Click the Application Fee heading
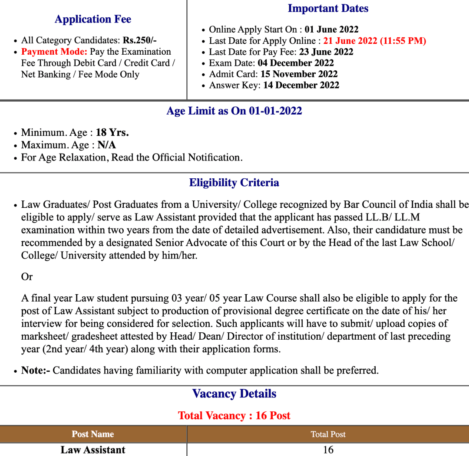tap(93, 19)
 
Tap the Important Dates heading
tap(328, 8)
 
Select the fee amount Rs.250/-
tap(140, 40)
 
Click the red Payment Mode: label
tap(54, 52)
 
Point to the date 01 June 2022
tap(331, 30)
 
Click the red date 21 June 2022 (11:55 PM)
tap(374, 41)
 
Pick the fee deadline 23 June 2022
tap(326, 52)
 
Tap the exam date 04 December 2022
tap(296, 63)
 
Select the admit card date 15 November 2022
tap(299, 74)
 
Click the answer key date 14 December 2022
tap(301, 85)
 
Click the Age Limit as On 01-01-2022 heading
tap(234, 111)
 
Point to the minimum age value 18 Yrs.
tap(112, 132)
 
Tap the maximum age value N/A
tap(107, 145)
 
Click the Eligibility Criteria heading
tap(234, 183)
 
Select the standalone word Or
tap(27, 277)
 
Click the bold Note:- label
tap(36, 371)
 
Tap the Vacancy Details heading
tap(234, 394)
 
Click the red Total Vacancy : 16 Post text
tap(234, 415)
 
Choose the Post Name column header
tap(93, 434)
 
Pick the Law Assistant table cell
tap(93, 450)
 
